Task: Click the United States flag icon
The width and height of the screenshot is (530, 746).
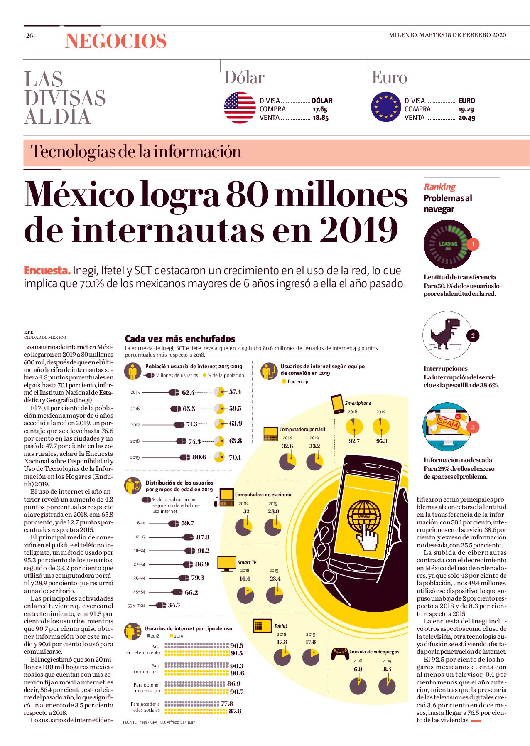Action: pos(240,108)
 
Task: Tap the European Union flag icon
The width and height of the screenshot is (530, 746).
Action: pos(386,107)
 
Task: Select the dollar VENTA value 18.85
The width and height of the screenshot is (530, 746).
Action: pos(321,118)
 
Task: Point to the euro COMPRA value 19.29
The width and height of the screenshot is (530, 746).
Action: pos(466,110)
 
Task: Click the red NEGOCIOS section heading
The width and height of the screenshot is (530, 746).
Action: pos(116,41)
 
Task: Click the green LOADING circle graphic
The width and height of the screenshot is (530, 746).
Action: pos(448,244)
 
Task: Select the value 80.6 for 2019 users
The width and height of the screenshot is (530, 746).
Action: pos(199,457)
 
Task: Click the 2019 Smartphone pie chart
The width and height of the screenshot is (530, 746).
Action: pos(381,426)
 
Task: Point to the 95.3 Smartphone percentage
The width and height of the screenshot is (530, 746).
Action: pos(381,441)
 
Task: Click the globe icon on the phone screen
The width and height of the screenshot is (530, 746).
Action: pos(364,516)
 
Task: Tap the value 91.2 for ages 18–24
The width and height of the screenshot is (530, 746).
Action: pos(204,551)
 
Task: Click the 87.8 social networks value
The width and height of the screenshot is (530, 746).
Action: pos(235,711)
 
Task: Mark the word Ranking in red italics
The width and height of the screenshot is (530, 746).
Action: pos(439,187)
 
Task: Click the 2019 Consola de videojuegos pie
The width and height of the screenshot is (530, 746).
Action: pos(387,686)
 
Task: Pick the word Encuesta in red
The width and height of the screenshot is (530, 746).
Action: pos(47,271)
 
